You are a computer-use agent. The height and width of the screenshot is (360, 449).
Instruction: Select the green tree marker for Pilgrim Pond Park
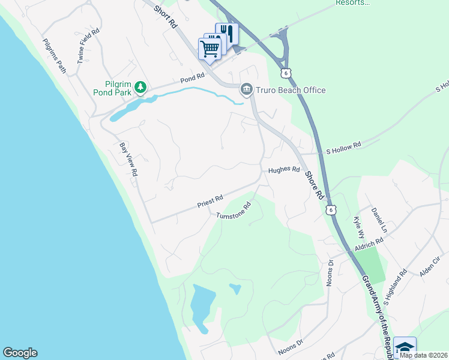(140, 88)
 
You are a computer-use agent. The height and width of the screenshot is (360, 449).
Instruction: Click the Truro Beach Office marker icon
(246, 90)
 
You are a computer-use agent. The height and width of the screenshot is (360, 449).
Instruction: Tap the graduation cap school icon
(405, 347)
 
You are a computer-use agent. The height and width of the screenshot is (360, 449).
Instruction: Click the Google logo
(20, 353)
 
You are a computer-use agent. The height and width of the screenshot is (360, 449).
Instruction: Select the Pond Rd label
(192, 78)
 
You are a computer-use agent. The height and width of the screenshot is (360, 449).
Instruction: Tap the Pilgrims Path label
(54, 56)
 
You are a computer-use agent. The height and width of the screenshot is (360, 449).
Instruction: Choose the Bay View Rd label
(128, 158)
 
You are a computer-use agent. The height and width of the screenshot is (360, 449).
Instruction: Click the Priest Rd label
(210, 201)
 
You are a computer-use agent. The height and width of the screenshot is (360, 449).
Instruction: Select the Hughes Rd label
(283, 170)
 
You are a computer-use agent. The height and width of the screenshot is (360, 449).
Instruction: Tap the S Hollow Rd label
(343, 145)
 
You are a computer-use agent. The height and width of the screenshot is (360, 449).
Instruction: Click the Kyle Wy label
(358, 228)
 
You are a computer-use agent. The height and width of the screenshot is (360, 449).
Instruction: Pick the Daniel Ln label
(380, 221)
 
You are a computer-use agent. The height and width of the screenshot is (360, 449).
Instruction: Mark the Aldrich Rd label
(369, 244)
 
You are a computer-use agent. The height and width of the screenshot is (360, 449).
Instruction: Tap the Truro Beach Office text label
(291, 90)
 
